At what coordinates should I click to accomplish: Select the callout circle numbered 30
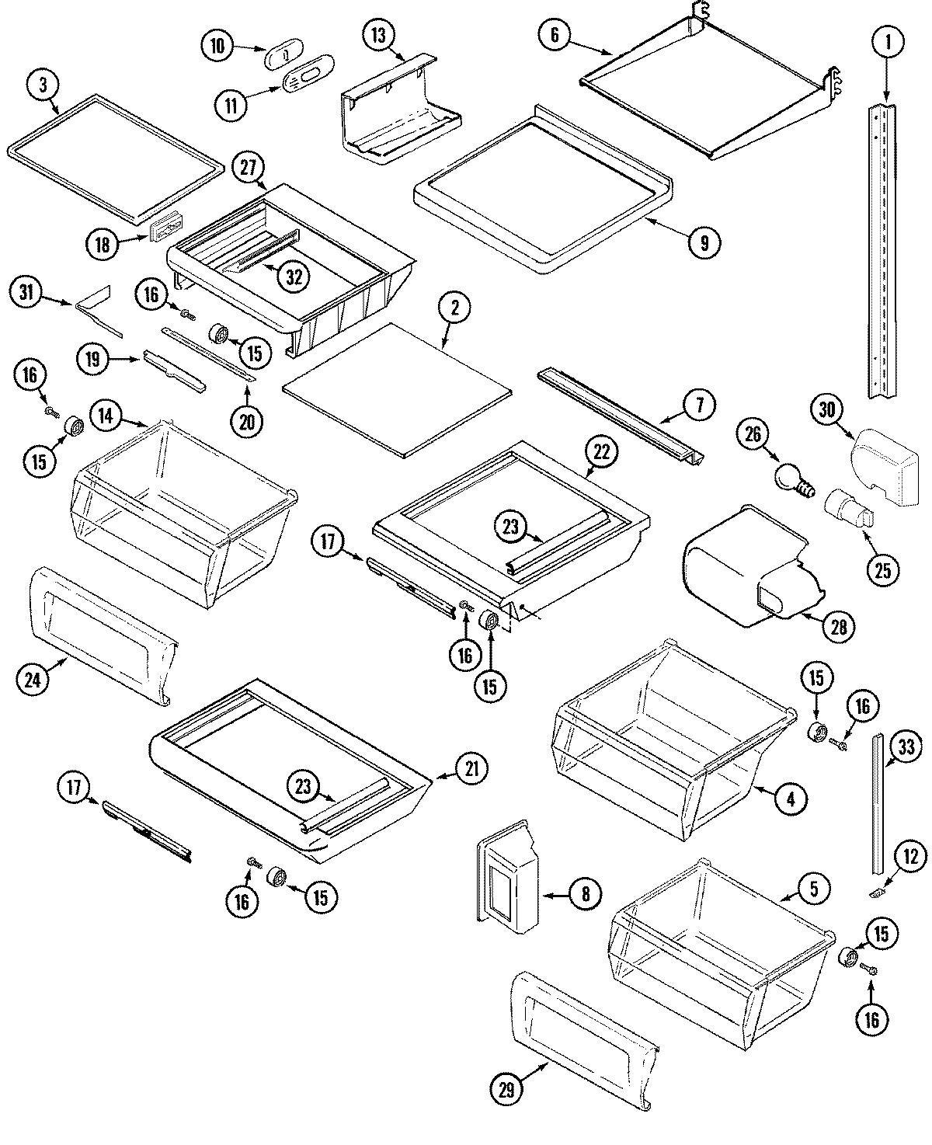tap(826, 409)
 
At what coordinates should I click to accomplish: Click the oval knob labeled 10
tap(278, 57)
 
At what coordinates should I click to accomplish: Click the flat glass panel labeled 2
tap(396, 388)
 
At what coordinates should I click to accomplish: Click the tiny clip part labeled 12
tap(874, 893)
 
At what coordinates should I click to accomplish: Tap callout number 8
tap(585, 895)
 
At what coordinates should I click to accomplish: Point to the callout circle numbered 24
tap(34, 680)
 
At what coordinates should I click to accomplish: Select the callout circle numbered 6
tap(554, 35)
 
